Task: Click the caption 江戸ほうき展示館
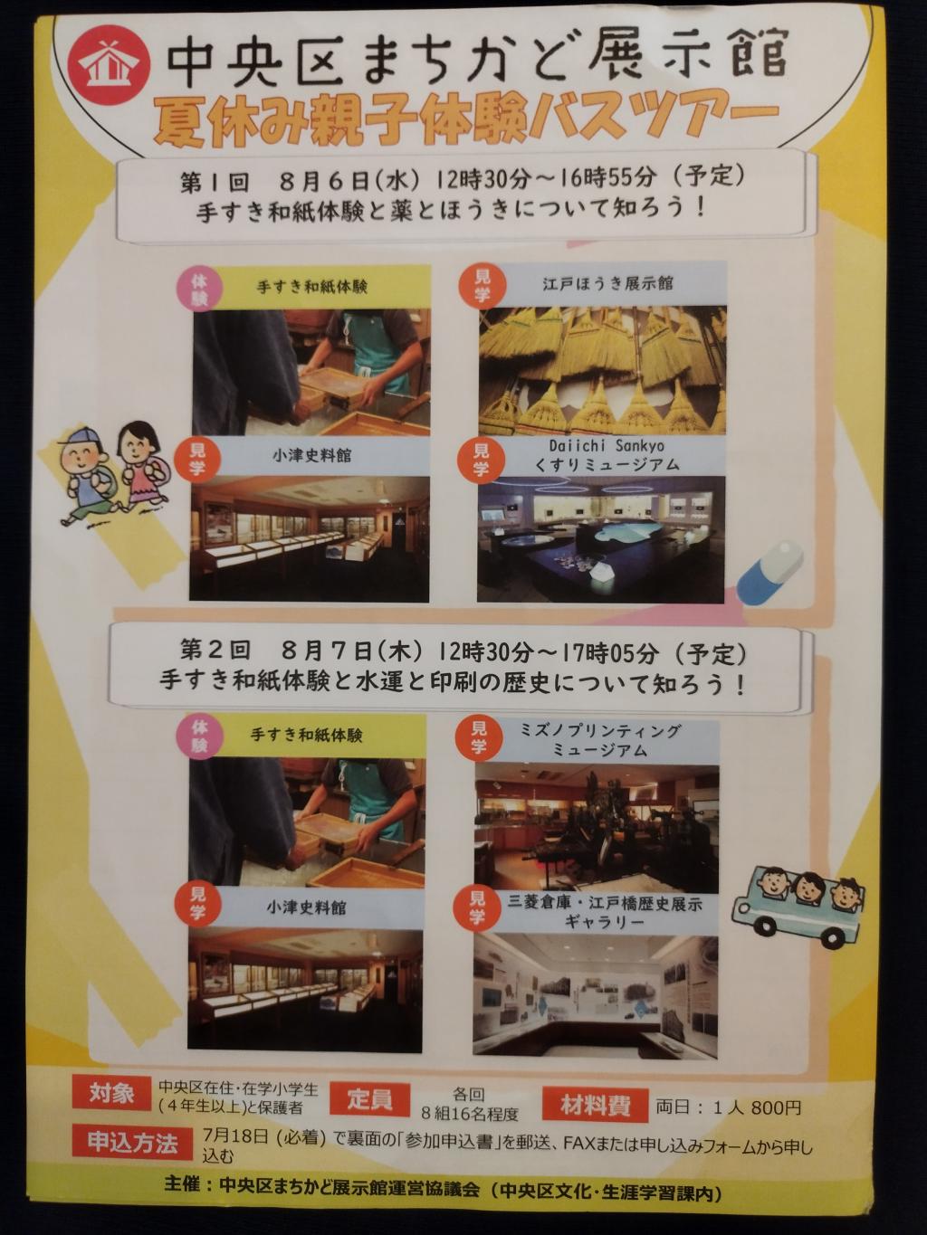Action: (x=607, y=284)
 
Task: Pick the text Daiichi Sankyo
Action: (x=607, y=446)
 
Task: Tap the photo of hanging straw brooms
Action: (x=602, y=371)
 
